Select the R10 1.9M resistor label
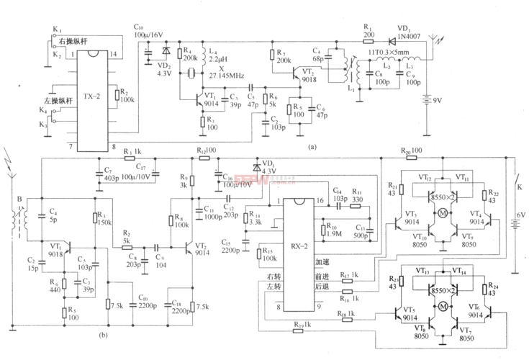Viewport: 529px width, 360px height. click(x=338, y=228)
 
